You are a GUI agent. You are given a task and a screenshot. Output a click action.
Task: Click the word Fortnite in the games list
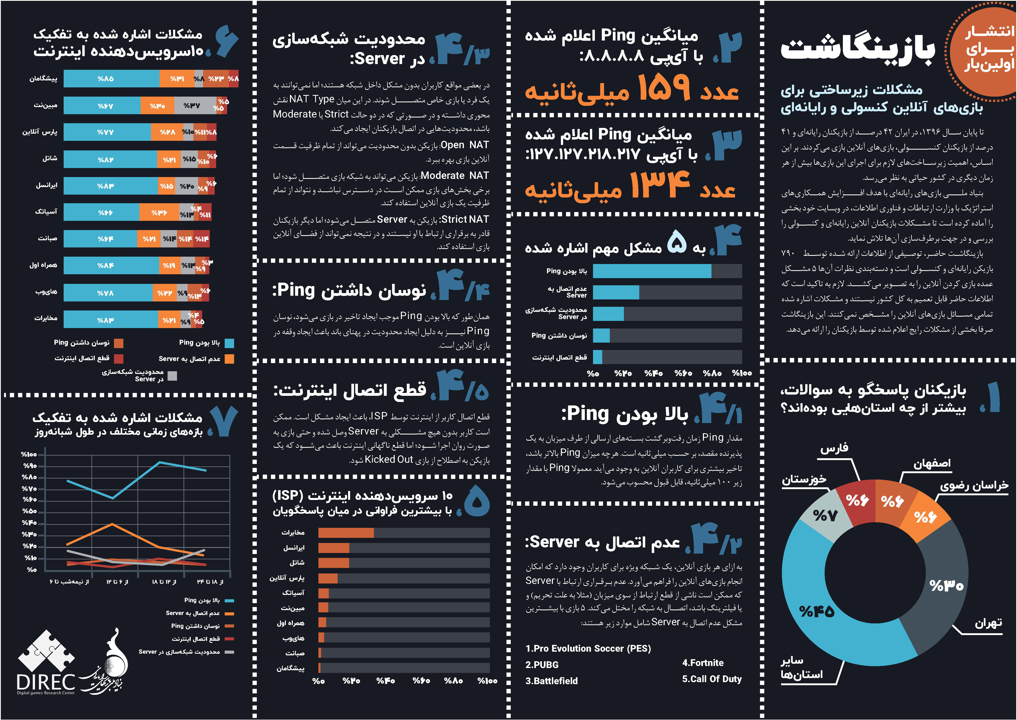pos(703,663)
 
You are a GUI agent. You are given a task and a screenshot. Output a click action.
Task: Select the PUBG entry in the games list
pos(542,665)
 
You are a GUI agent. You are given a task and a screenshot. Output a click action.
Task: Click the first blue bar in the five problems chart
pos(652,271)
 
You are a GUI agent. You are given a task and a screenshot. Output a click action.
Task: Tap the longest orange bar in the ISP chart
pos(346,533)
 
